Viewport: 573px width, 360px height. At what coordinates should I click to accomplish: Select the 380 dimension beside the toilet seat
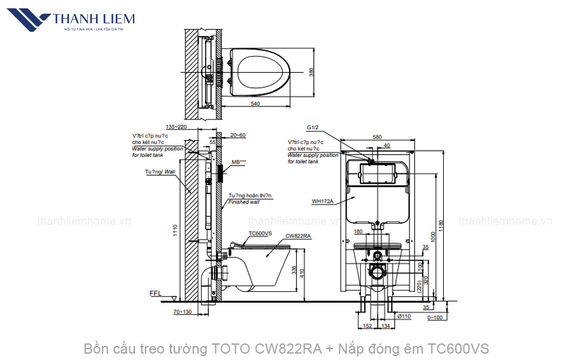tap(311, 73)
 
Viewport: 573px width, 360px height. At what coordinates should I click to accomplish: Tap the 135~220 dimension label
tap(176, 127)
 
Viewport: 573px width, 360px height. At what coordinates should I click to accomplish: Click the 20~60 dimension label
tap(238, 135)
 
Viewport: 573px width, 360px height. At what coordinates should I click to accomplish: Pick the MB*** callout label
tap(239, 162)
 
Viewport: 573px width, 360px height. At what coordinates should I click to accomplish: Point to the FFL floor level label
tap(155, 294)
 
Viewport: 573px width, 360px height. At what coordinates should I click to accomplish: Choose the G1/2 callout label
tap(312, 127)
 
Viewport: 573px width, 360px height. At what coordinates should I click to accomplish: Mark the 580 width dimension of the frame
tap(377, 136)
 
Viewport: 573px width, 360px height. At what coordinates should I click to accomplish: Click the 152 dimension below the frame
tap(367, 326)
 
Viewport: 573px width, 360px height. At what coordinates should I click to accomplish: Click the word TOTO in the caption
tap(232, 349)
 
